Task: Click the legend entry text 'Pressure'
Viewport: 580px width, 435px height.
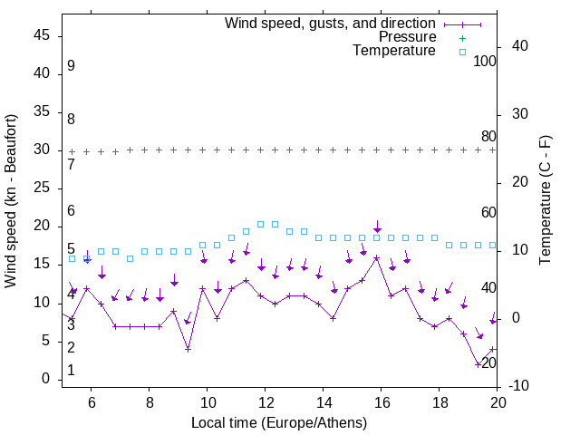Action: pyautogui.click(x=408, y=37)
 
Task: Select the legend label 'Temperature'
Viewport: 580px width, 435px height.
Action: pyautogui.click(x=394, y=52)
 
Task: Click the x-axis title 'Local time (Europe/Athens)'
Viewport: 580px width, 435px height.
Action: pyautogui.click(x=279, y=423)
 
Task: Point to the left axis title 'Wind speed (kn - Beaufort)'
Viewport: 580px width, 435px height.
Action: pyautogui.click(x=11, y=202)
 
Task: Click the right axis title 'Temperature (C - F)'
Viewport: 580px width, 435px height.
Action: pyautogui.click(x=546, y=201)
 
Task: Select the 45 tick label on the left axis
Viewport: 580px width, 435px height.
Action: pyautogui.click(x=42, y=36)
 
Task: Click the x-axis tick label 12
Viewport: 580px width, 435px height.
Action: pyautogui.click(x=265, y=402)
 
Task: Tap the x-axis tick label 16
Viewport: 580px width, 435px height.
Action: pyautogui.click(x=381, y=402)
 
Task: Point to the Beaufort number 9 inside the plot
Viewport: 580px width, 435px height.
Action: pyautogui.click(x=71, y=66)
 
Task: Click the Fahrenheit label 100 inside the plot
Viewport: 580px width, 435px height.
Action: pyautogui.click(x=486, y=62)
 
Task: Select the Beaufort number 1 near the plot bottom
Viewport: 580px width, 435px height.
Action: pyautogui.click(x=71, y=371)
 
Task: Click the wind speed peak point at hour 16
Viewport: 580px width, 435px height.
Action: pyautogui.click(x=377, y=258)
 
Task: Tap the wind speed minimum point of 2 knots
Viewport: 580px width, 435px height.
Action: pyautogui.click(x=478, y=364)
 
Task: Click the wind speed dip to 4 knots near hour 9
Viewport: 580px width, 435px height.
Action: pyautogui.click(x=188, y=349)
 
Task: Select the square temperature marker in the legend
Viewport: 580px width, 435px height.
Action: pyautogui.click(x=462, y=53)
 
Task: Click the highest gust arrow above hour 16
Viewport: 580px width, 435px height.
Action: pyautogui.click(x=377, y=227)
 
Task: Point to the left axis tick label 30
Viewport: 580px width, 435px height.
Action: pyautogui.click(x=42, y=150)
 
